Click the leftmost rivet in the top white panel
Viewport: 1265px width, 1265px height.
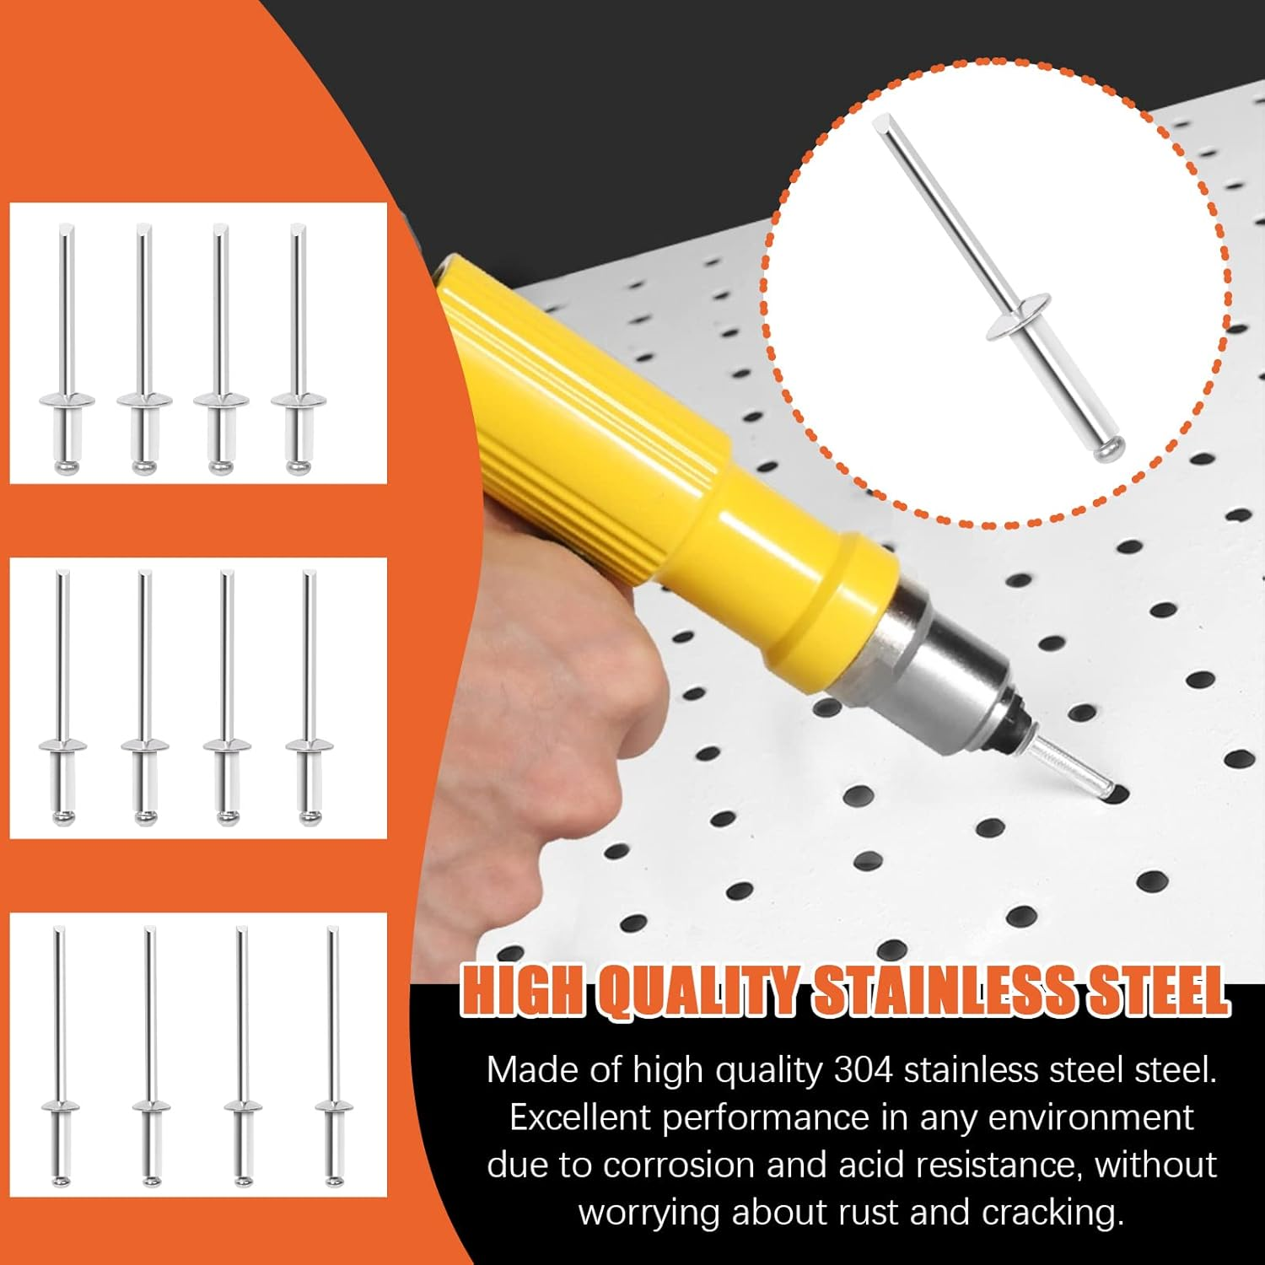[x=66, y=349]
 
